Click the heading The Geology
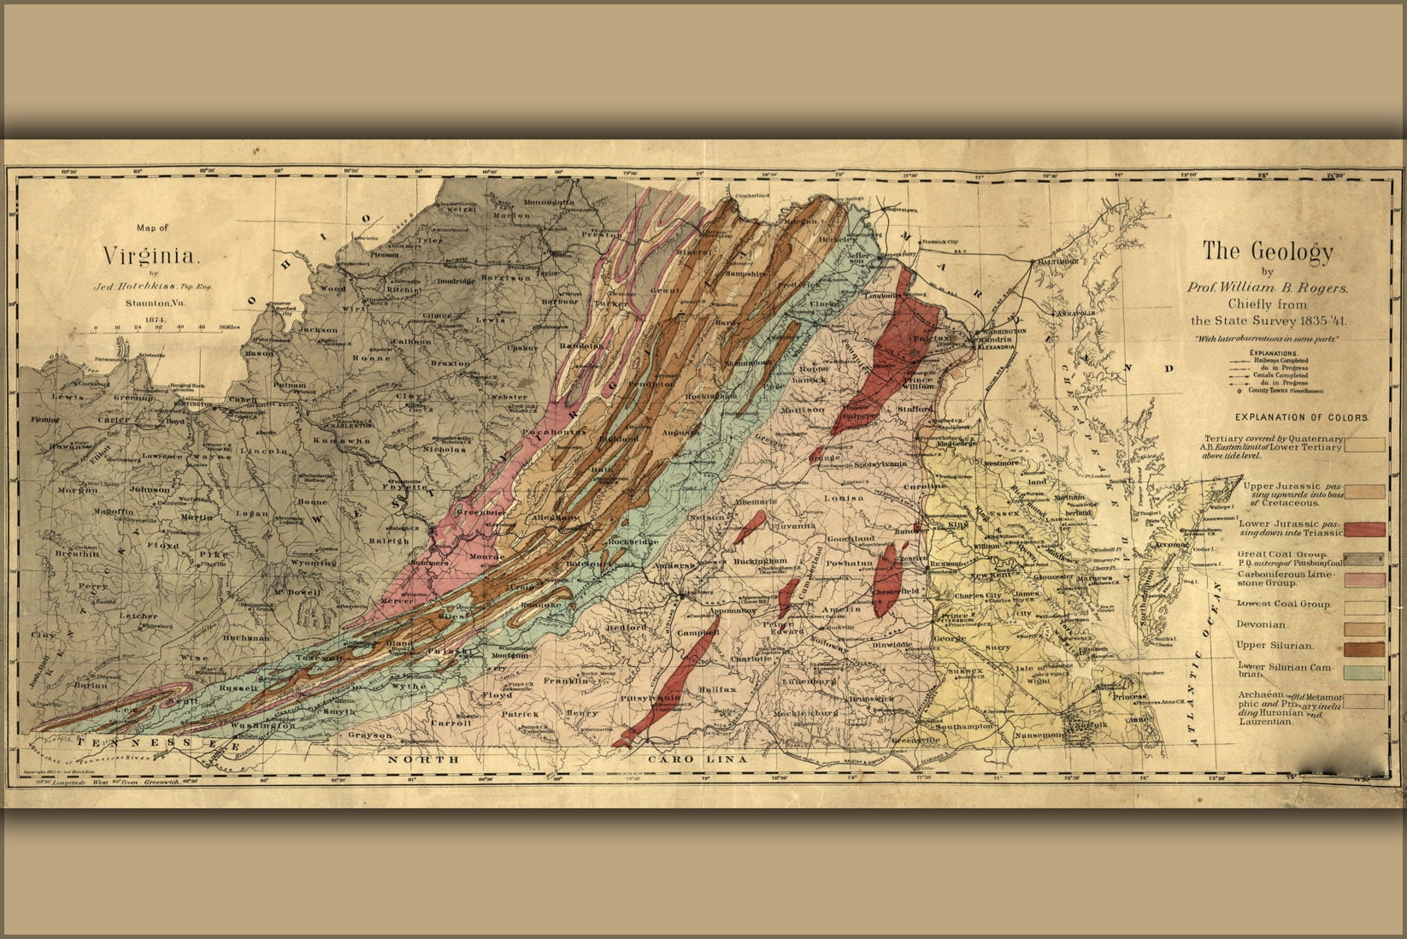pyautogui.click(x=1268, y=251)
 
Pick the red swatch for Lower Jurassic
pyautogui.click(x=1364, y=529)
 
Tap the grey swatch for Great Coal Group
pyautogui.click(x=1364, y=558)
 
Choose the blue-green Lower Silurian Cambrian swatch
pyautogui.click(x=1364, y=671)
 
